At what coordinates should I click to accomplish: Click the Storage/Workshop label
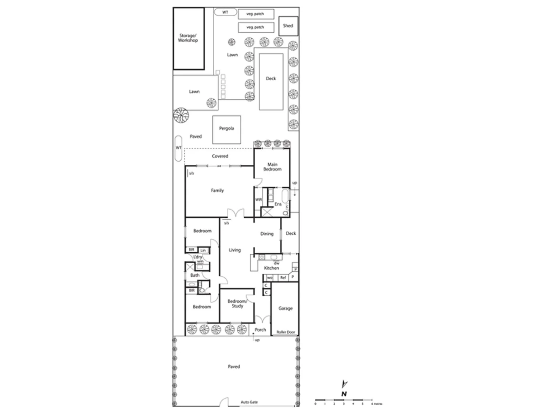[x=188, y=38]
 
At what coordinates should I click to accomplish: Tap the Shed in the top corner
[x=288, y=26]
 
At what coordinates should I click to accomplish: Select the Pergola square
[x=226, y=129]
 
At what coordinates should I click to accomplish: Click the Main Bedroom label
[x=272, y=167]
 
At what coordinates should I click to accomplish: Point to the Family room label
[x=217, y=190]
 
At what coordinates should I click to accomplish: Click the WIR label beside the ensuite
[x=258, y=199]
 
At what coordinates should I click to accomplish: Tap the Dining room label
[x=267, y=234]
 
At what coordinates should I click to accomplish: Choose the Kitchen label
[x=271, y=268]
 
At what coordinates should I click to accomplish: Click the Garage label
[x=285, y=308]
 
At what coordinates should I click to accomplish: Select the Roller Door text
[x=286, y=332]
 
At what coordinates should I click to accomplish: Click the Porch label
[x=260, y=330]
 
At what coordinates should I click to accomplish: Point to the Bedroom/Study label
[x=237, y=303]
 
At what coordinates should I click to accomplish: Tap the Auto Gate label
[x=249, y=402]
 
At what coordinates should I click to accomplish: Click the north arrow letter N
[x=344, y=394]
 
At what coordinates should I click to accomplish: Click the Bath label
[x=195, y=275]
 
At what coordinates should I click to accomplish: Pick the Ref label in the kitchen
[x=283, y=278]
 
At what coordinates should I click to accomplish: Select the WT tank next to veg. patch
[x=225, y=13]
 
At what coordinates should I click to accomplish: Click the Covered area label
[x=220, y=156]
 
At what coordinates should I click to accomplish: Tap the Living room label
[x=235, y=250]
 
